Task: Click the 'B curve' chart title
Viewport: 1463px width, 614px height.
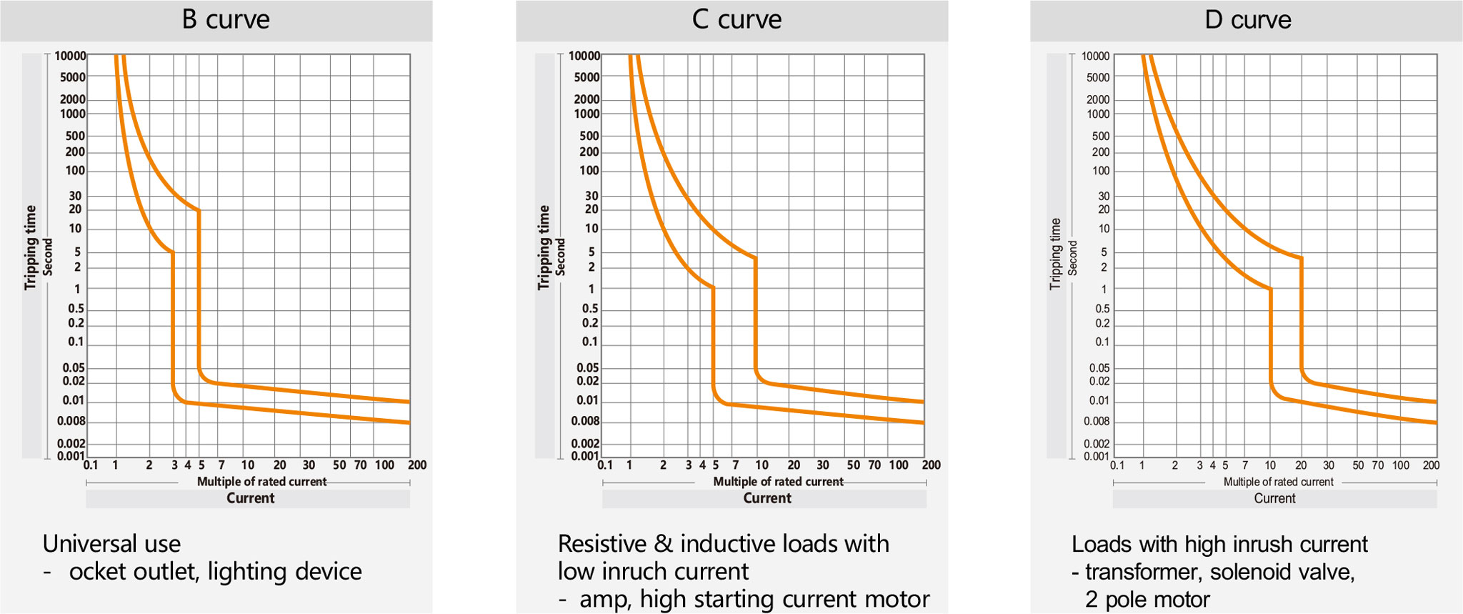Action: click(226, 19)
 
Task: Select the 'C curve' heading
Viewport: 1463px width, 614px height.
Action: click(737, 19)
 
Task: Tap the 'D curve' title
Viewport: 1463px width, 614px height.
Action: click(1247, 19)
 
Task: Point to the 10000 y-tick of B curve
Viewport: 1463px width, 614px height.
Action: click(70, 56)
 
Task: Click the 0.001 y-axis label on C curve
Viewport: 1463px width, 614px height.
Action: click(585, 456)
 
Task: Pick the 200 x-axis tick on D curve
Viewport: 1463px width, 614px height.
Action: click(1431, 465)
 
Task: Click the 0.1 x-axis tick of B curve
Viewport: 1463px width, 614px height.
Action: click(91, 465)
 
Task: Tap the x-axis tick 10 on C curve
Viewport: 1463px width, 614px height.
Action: click(762, 465)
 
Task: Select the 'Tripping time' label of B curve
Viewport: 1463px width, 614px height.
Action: click(30, 247)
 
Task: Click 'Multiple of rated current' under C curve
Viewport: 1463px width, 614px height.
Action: click(778, 482)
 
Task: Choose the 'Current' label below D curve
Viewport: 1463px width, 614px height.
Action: click(1274, 498)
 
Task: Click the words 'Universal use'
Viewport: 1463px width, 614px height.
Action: click(111, 544)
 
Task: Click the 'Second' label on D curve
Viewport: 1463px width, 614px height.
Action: click(1072, 257)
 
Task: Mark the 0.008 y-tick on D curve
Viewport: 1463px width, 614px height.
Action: click(1097, 422)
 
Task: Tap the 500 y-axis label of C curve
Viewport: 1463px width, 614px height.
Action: click(589, 136)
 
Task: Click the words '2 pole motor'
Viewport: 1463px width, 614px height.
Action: click(1147, 600)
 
